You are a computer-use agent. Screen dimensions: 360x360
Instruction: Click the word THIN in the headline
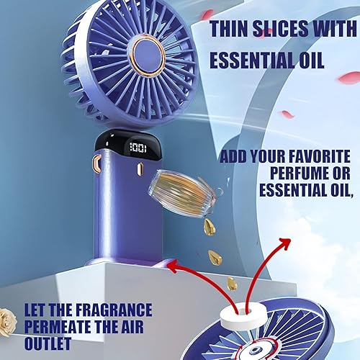click(x=230, y=29)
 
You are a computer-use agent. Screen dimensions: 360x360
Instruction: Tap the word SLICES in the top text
click(x=281, y=29)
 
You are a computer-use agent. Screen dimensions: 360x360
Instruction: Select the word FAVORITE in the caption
click(x=319, y=156)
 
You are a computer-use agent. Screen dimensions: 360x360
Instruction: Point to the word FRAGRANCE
click(x=114, y=310)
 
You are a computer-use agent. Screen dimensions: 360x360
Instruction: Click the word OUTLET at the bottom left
click(x=48, y=343)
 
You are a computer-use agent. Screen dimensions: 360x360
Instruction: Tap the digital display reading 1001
click(x=138, y=148)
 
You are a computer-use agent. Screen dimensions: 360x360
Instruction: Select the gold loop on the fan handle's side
click(x=97, y=163)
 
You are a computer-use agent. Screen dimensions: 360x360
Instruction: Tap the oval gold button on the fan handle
click(x=140, y=168)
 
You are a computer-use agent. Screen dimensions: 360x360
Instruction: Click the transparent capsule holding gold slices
click(x=184, y=192)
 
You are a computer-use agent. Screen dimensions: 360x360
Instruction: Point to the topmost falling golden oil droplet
click(x=210, y=227)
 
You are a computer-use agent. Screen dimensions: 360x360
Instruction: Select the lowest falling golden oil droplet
click(x=232, y=284)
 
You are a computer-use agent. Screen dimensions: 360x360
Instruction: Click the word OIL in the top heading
click(x=312, y=60)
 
